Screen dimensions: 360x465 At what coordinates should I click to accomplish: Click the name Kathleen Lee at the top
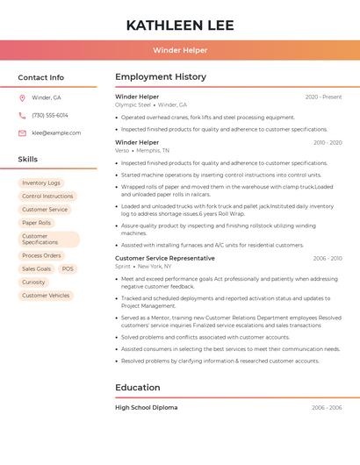pyautogui.click(x=180, y=25)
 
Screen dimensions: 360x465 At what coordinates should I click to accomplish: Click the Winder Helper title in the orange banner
pyautogui.click(x=180, y=50)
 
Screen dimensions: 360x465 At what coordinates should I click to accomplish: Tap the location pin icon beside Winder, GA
pyautogui.click(x=22, y=97)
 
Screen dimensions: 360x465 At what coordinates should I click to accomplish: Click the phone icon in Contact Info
pyautogui.click(x=22, y=115)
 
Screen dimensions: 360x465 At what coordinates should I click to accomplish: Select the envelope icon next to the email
pyautogui.click(x=22, y=132)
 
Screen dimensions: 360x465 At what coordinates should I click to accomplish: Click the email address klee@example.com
pyautogui.click(x=56, y=132)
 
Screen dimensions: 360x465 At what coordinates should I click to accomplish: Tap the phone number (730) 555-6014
pyautogui.click(x=50, y=115)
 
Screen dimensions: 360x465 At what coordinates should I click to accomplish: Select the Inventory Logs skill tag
pyautogui.click(x=41, y=182)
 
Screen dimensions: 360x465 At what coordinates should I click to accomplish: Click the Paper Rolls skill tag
pyautogui.click(x=36, y=223)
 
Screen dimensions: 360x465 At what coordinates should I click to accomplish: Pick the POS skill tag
pyautogui.click(x=68, y=268)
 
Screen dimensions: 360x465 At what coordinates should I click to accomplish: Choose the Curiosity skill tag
pyautogui.click(x=33, y=282)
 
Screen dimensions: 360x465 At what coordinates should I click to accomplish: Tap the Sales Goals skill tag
pyautogui.click(x=36, y=268)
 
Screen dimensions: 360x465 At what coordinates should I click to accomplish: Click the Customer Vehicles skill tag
pyautogui.click(x=46, y=296)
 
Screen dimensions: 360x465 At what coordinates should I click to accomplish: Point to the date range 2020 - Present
pyautogui.click(x=323, y=97)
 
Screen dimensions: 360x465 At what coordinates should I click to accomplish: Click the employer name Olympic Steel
pyautogui.click(x=133, y=104)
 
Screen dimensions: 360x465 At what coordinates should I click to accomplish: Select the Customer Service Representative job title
pyautogui.click(x=164, y=258)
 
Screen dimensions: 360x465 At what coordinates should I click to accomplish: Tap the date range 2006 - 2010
pyautogui.click(x=327, y=258)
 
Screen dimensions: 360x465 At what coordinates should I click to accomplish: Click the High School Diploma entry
pyautogui.click(x=146, y=407)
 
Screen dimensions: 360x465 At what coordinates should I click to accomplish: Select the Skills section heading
pyautogui.click(x=27, y=159)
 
